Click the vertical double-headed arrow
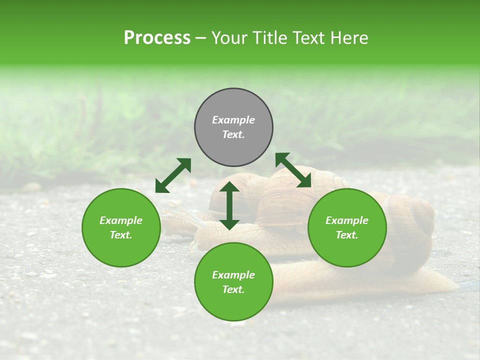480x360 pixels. [229, 205]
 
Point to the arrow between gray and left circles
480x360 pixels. [173, 175]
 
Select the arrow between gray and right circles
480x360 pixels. [293, 170]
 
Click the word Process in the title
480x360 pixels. [157, 38]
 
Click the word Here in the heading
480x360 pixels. [349, 38]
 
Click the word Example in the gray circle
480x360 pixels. [233, 120]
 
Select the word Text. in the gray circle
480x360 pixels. [233, 134]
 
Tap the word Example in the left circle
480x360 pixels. [121, 220]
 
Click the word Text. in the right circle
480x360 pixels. [347, 235]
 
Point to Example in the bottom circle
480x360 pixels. [233, 275]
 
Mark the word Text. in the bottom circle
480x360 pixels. [233, 289]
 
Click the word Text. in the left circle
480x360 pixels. [121, 235]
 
